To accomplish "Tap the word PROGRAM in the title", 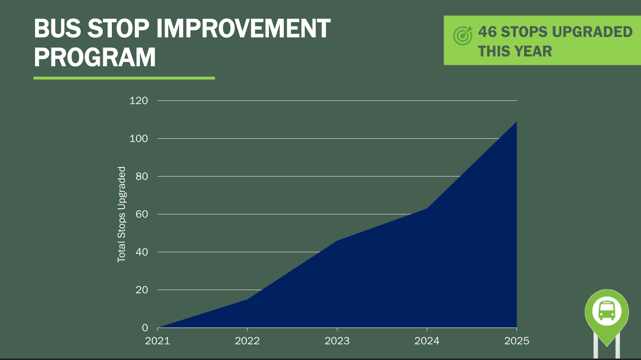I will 95,57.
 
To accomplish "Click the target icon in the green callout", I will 463,36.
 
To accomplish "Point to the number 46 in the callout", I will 487,32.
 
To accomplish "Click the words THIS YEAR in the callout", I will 515,51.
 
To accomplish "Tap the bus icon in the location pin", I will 606,311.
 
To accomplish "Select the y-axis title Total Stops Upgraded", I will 121,214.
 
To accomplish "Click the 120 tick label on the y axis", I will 138,101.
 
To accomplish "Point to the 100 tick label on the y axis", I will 138,139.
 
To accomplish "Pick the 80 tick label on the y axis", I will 142,177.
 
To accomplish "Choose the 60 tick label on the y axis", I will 142,214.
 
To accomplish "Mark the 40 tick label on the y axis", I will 142,252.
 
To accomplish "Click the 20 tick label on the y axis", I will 142,290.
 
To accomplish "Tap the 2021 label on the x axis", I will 157,341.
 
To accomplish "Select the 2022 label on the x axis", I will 247,341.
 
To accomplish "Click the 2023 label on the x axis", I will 337,341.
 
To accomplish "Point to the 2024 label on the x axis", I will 427,341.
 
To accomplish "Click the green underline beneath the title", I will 124,78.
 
